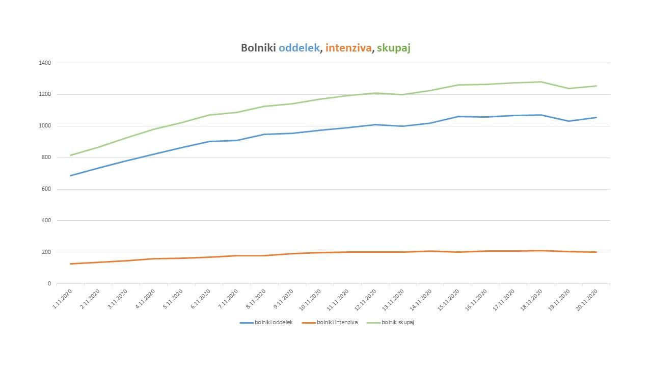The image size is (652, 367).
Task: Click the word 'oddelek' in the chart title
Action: click(x=300, y=48)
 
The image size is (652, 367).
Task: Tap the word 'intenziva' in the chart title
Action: click(x=348, y=48)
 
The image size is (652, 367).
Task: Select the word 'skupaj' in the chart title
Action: click(x=393, y=48)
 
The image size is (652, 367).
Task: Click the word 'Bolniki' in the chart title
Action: click(x=258, y=48)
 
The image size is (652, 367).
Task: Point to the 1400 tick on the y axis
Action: click(x=45, y=63)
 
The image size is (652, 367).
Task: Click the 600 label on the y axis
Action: click(x=46, y=189)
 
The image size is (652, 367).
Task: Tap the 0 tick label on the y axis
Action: click(x=49, y=283)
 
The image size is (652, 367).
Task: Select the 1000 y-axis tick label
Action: click(x=45, y=126)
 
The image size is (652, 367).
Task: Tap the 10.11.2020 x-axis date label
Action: click(x=311, y=299)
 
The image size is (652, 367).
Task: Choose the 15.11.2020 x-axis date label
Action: click(x=449, y=299)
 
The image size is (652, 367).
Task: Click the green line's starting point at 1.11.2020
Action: click(x=70, y=155)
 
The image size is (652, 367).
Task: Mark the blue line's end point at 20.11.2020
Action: click(x=596, y=118)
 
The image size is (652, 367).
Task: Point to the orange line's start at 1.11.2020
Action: click(x=70, y=264)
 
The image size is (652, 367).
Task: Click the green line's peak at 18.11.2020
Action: click(x=541, y=82)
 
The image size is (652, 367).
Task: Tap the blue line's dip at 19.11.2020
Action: click(x=569, y=121)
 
